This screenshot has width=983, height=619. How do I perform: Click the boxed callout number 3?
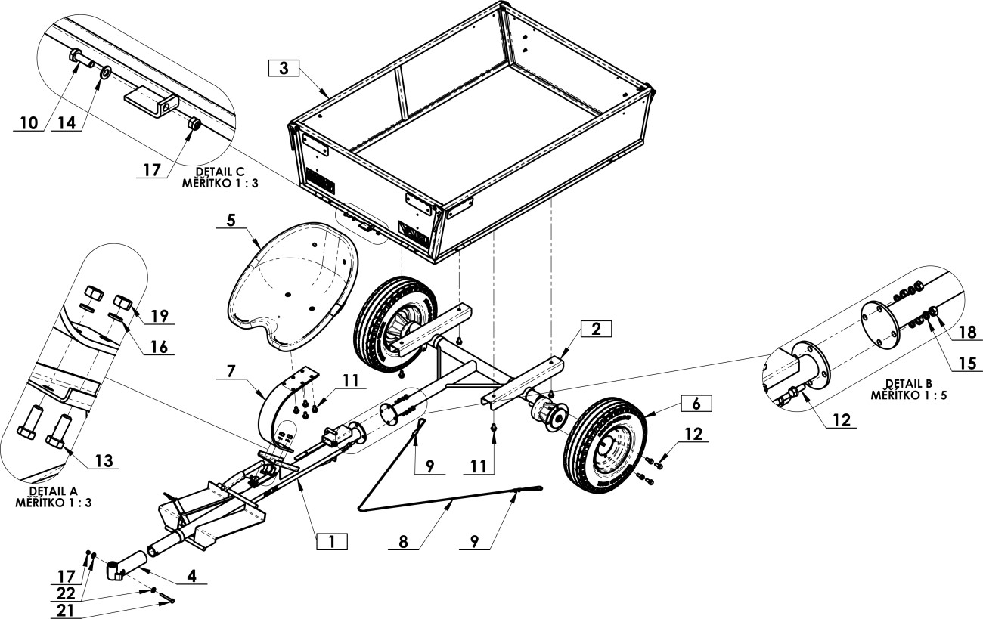[x=284, y=69]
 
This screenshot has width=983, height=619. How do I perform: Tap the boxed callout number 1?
[x=332, y=542]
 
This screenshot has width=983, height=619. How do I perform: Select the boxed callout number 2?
[x=596, y=329]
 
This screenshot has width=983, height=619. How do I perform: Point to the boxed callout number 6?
[x=696, y=403]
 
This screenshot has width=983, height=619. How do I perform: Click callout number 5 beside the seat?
[x=231, y=220]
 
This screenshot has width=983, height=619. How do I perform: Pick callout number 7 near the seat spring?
[x=231, y=371]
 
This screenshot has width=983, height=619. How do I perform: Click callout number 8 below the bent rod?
[x=403, y=542]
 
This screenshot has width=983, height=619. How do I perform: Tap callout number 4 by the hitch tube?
[x=192, y=576]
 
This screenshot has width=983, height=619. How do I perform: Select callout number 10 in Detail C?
[x=29, y=123]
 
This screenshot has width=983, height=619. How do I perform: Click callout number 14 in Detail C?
[x=67, y=123]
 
